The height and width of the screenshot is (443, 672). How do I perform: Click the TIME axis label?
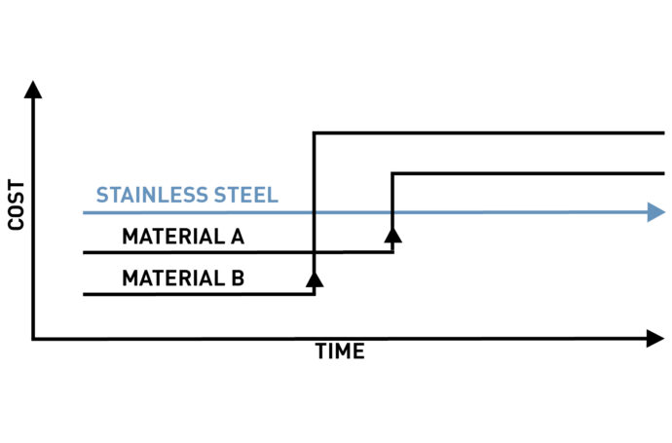pos(340,352)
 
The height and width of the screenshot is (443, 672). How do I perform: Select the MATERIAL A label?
pos(183,237)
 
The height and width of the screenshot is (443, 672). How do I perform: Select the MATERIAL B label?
pos(183,278)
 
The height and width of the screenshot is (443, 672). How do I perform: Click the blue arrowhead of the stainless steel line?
pos(655,211)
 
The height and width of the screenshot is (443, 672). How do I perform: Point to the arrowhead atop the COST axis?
pos(33,90)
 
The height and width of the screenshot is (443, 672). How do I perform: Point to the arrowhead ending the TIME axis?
pos(655,339)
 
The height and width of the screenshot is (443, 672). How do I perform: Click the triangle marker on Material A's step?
pos(392,234)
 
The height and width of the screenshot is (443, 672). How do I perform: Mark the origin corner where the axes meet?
pos(33,339)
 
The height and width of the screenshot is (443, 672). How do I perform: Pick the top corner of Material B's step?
pos(314,132)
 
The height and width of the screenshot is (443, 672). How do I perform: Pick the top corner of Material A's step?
pos(392,173)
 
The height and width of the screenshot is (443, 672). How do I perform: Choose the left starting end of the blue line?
pos(85,211)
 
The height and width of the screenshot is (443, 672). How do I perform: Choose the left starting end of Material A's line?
pos(85,253)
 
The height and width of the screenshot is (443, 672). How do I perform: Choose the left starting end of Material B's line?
pos(85,294)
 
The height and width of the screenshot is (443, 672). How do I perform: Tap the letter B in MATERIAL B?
pos(237,278)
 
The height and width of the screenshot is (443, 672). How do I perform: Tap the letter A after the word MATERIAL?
pos(237,237)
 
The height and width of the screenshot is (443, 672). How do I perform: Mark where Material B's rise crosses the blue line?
pos(314,211)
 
